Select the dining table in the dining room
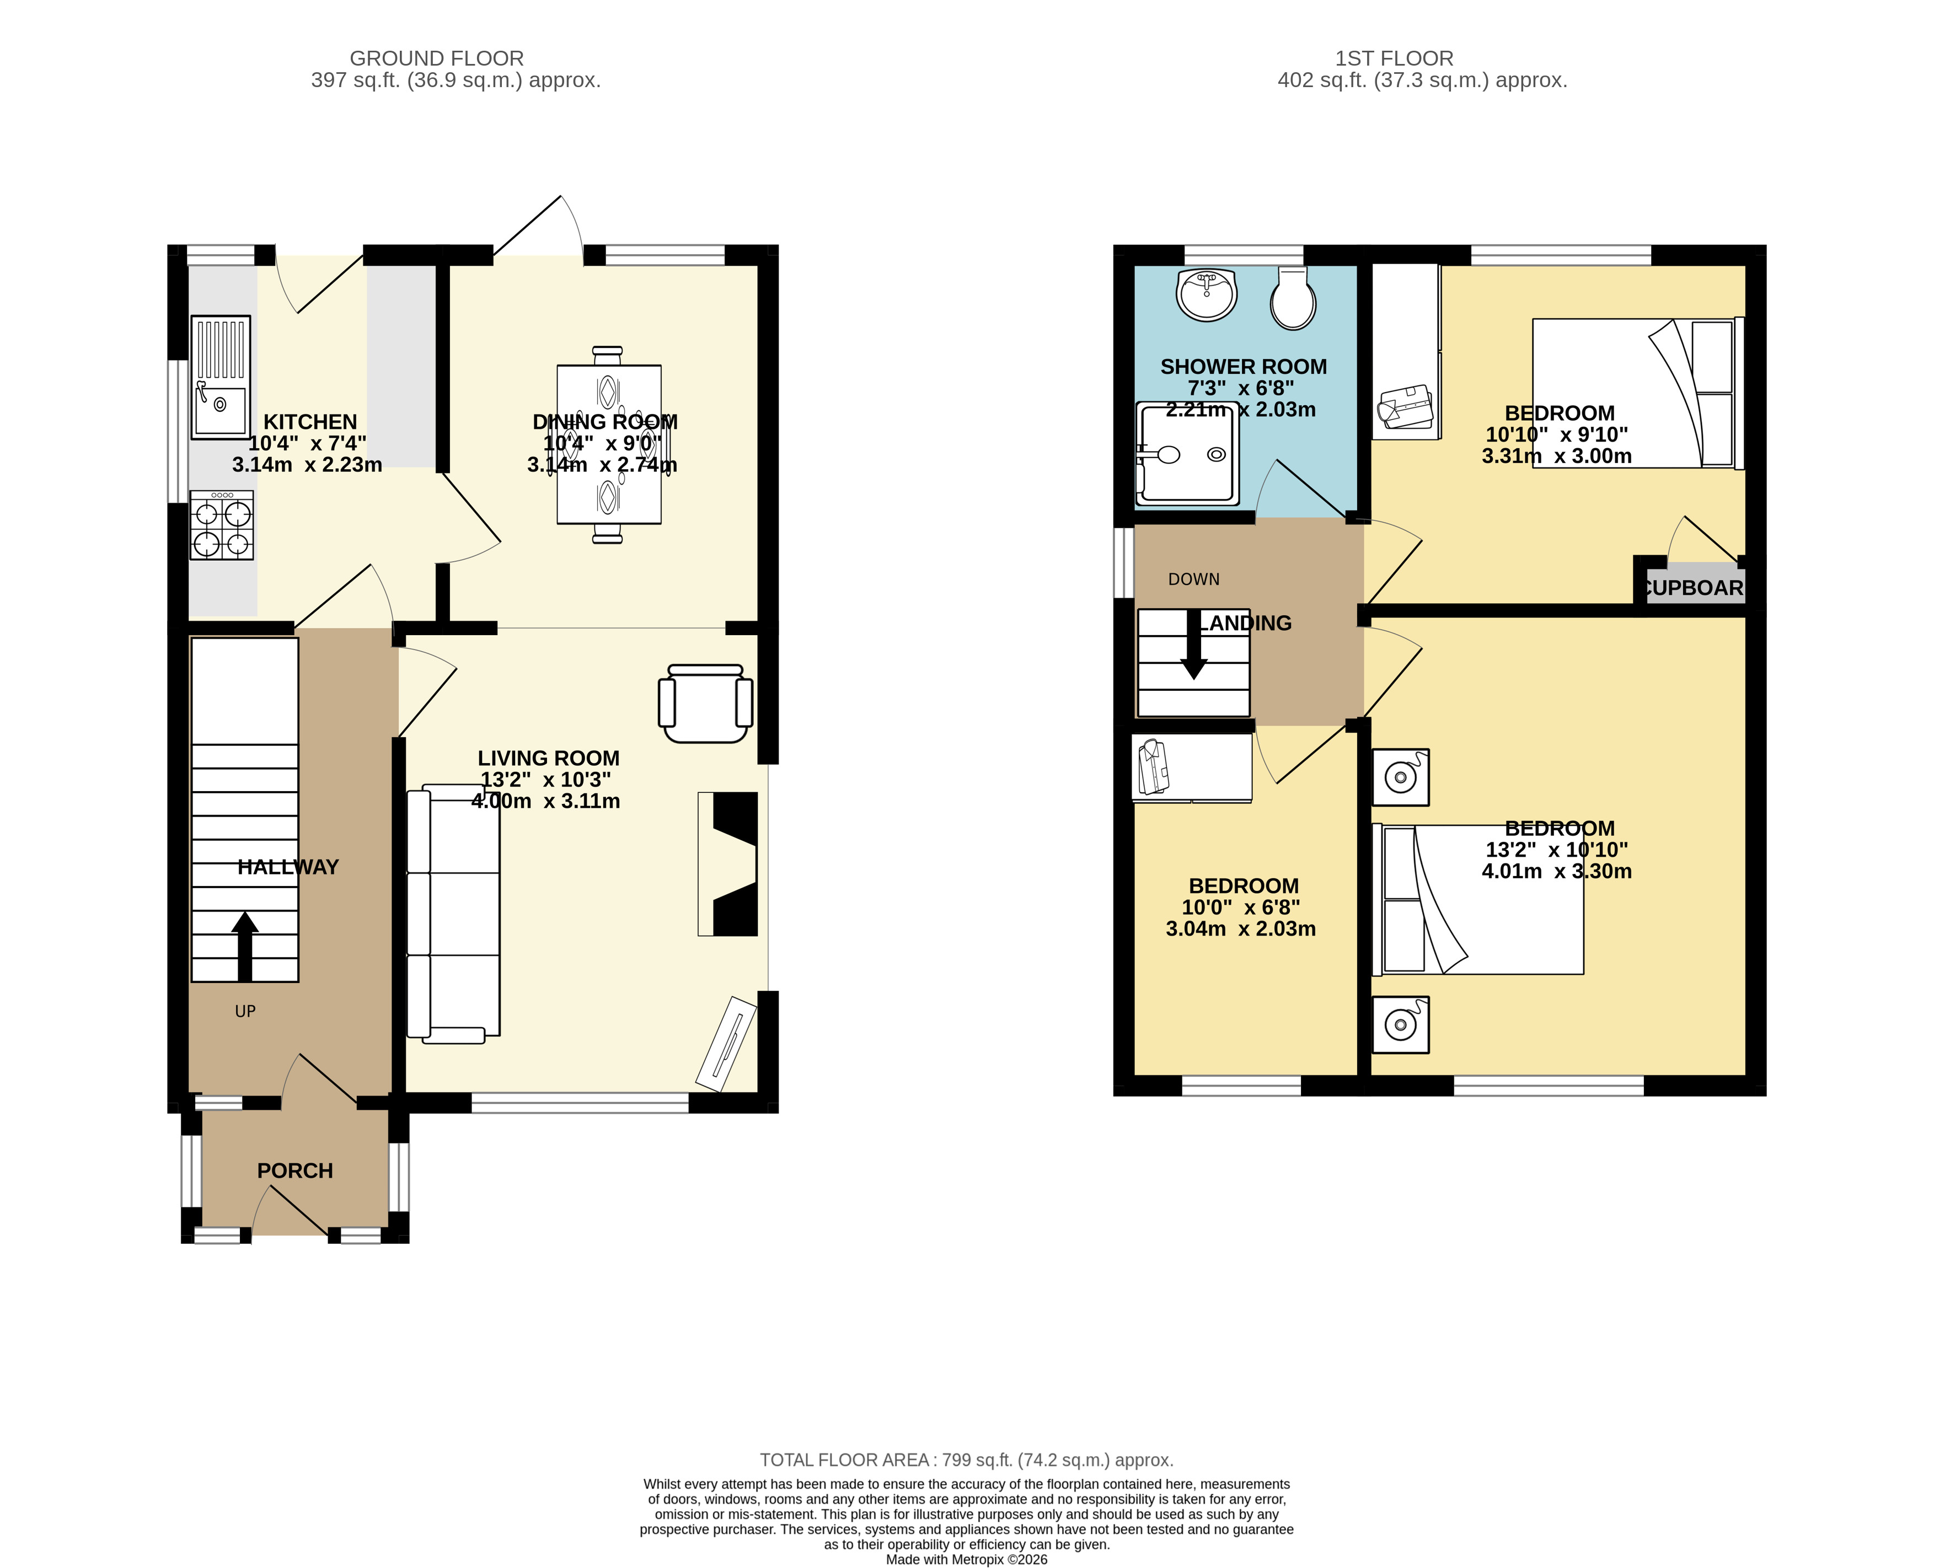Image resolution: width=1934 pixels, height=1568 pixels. point(609,444)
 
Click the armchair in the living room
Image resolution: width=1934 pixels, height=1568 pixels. point(705,704)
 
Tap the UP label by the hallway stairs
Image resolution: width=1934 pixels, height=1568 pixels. point(245,1012)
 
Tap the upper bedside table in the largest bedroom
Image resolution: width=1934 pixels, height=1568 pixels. point(1400,777)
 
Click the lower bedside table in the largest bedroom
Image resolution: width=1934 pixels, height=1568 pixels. point(1400,1025)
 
